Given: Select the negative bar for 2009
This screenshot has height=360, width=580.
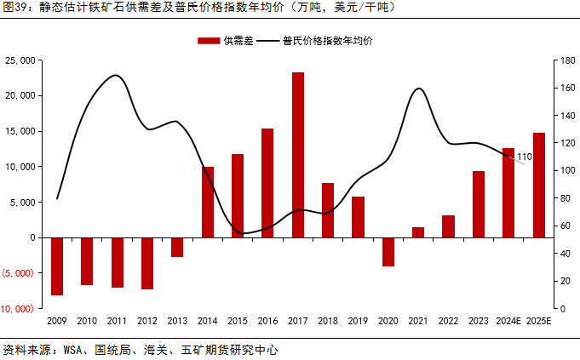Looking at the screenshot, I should coord(57,266).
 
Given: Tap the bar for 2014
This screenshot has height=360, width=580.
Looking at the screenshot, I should coord(208,202).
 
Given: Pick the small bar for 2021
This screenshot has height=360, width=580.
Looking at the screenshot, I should coord(418,232).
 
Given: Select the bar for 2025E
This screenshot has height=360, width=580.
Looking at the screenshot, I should coord(538,185).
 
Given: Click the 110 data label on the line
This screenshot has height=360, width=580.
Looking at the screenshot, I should coord(525,157).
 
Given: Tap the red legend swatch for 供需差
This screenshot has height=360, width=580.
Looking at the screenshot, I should coord(208,40).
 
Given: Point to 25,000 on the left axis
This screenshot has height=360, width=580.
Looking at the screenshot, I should coord(20,60).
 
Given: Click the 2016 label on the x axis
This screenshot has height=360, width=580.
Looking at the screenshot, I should coord(267,320).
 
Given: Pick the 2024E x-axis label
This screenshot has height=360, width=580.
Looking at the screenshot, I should coord(508,320).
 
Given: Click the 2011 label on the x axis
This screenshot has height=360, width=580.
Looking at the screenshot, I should coord(117,320).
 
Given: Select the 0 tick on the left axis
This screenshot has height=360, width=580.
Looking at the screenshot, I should coord(32,237).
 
